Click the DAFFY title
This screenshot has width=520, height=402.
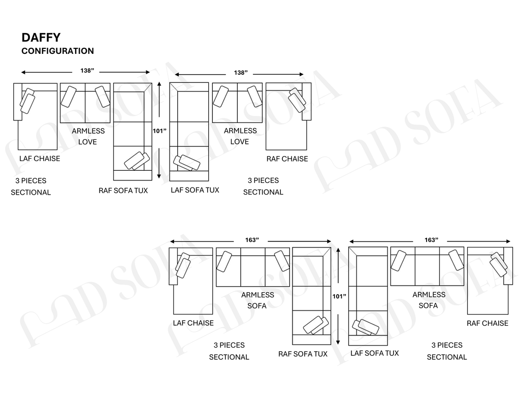(41, 38)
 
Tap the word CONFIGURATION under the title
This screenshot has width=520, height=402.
(58, 51)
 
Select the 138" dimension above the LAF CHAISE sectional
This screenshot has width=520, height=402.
(87, 71)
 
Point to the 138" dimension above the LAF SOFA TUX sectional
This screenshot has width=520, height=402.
(241, 73)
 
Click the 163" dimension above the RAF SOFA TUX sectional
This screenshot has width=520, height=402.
(252, 240)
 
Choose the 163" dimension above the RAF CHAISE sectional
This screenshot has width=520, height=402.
(431, 240)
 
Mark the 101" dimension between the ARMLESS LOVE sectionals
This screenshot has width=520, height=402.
(159, 131)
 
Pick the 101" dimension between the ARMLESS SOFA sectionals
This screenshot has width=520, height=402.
(339, 296)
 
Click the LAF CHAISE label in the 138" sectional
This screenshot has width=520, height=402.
(40, 159)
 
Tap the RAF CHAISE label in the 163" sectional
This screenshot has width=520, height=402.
(487, 323)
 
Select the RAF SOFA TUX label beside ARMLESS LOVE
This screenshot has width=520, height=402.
(123, 191)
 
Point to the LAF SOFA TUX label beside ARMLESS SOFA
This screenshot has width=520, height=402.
(375, 353)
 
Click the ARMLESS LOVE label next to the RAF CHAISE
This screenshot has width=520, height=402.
(240, 136)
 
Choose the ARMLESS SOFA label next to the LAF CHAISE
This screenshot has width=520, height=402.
(257, 300)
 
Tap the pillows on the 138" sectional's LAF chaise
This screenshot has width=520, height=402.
(27, 101)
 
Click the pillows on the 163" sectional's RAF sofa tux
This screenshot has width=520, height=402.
(316, 325)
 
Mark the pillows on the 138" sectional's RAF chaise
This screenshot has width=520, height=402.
(297, 100)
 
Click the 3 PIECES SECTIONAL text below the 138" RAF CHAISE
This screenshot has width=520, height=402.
(264, 186)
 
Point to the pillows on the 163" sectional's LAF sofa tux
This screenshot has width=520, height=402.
(366, 327)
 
